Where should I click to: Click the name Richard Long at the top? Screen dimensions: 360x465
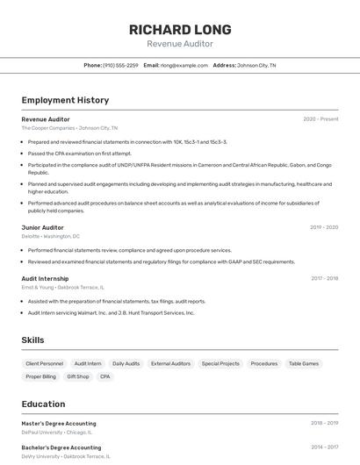[x=179, y=29]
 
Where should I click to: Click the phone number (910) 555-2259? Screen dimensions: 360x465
[x=120, y=65]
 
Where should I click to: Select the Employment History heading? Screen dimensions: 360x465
[x=65, y=100]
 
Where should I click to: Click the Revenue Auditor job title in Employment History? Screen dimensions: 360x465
[x=46, y=119]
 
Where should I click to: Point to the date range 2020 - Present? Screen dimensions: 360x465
[x=320, y=119]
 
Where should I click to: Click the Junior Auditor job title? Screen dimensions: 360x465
[x=42, y=227]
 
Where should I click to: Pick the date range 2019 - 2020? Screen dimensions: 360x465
[x=324, y=227]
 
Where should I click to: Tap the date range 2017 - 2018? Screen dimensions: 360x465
[x=324, y=278]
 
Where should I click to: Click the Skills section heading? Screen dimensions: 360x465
[x=33, y=340]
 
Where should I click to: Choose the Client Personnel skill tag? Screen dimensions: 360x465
[x=45, y=363]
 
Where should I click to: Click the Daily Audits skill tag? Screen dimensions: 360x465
[x=126, y=363]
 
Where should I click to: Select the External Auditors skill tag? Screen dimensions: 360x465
[x=170, y=363]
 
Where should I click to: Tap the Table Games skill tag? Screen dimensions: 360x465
[x=304, y=363]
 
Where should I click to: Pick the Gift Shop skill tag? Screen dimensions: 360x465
[x=78, y=376]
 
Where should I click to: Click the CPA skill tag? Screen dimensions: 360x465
[x=105, y=376]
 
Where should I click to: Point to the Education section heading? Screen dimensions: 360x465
[x=43, y=404]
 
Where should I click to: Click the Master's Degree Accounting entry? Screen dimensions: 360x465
[x=59, y=424]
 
